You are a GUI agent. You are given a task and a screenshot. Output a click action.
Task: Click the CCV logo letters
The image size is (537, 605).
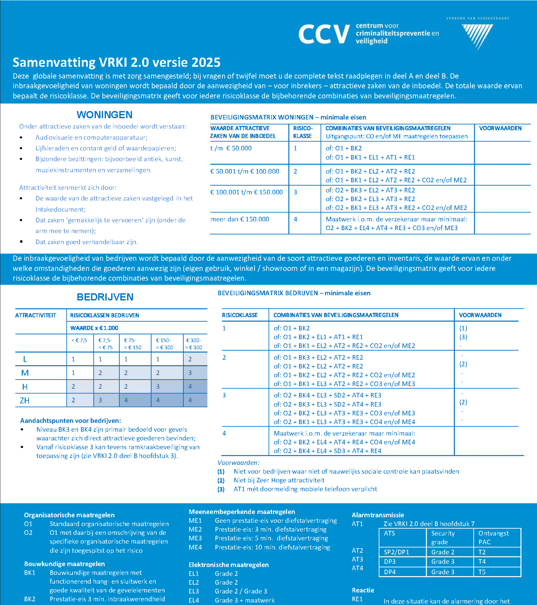coord(324,34)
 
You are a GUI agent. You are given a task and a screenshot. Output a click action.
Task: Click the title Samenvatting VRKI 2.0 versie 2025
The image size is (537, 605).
coord(116,62)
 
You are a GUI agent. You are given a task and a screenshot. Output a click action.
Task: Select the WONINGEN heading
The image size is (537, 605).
coord(104,115)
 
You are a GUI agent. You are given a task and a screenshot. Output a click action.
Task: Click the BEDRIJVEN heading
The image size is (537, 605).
coord(105,297)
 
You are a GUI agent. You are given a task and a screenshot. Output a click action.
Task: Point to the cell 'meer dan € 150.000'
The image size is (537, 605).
coord(240,219)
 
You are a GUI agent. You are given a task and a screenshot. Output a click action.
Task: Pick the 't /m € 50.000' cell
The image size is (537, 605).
coord(231,148)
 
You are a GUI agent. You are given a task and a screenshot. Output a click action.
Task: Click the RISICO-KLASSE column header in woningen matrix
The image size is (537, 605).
coord(303,132)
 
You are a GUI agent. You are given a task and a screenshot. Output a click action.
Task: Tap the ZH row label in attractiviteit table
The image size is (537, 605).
coord(25,400)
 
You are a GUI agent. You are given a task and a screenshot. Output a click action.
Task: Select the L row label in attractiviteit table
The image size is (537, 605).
coord(25,359)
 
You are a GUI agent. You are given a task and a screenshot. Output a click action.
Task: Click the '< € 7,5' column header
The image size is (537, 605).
coord(79,340)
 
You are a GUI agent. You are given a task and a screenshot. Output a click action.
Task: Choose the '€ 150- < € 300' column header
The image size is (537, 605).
coord(164,344)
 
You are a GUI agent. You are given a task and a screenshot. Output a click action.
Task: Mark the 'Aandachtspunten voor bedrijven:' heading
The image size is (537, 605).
coord(71,420)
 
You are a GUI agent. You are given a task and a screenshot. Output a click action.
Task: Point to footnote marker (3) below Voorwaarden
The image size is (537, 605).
coord(221,489)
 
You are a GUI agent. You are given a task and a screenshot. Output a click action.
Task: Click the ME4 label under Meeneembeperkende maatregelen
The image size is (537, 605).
coord(195,547)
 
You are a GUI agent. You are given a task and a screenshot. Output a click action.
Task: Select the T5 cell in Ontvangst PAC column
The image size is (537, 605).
coord(482,572)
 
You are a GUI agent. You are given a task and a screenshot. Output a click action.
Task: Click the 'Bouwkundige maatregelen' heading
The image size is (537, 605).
coord(64,564)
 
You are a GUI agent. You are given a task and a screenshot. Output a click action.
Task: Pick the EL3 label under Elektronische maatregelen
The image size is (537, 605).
coord(194,591)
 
